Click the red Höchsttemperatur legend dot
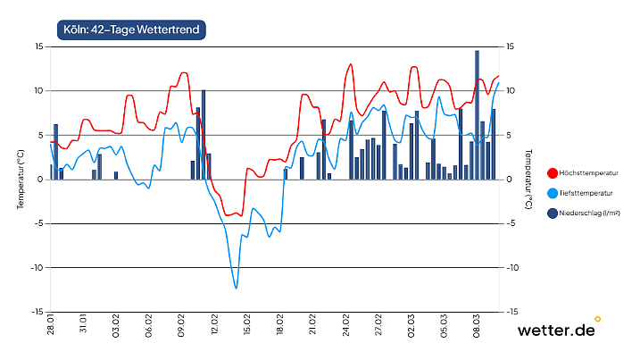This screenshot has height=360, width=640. tap(551, 172)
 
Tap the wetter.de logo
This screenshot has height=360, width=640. tap(556, 331)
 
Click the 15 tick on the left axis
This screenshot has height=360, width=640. tap(39, 46)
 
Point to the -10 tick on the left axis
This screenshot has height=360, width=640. tap(37, 268)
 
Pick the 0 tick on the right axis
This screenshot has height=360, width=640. tap(508, 180)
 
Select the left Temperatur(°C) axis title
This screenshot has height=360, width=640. tap(20, 179)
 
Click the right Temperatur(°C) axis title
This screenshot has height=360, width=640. tap(529, 179)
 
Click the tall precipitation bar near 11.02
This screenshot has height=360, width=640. tap(204, 134)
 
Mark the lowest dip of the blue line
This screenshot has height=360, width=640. tap(236, 288)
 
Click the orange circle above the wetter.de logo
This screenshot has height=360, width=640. tap(597, 318)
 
